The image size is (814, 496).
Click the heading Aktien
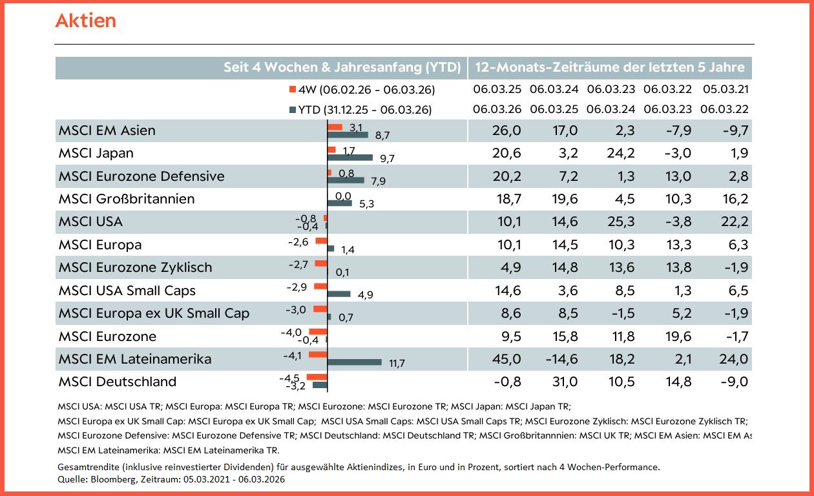(86, 21)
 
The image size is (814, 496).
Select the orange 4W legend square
(292, 89)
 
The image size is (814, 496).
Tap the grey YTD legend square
(292, 110)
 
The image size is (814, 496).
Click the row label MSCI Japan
(96, 153)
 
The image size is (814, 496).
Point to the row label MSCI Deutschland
(117, 382)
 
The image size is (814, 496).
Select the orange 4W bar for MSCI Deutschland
(317, 377)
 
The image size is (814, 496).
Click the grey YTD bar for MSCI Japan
(350, 157)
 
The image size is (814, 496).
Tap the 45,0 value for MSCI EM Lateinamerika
(506, 359)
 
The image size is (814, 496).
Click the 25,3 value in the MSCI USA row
(620, 222)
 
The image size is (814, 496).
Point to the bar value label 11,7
(397, 364)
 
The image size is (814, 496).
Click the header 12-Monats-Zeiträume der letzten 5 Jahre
(610, 68)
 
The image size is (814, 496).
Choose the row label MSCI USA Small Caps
(127, 291)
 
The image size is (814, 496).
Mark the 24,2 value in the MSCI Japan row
(620, 153)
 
